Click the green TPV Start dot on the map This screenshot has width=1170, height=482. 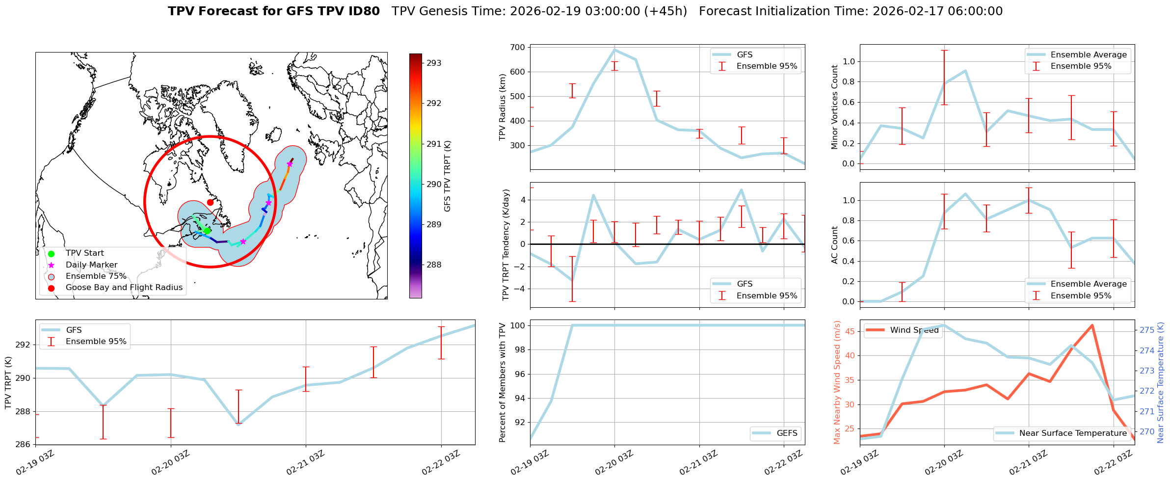[207, 231]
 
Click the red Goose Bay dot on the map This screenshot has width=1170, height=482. [210, 202]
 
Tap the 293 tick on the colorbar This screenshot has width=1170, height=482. [434, 63]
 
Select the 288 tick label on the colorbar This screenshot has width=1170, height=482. [434, 265]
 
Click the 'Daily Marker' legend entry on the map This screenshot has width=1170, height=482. [91, 265]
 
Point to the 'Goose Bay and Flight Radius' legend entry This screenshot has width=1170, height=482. [124, 288]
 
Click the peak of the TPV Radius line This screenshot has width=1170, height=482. [614, 50]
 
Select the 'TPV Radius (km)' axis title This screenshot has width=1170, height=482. [502, 107]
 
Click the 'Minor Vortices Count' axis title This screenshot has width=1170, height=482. [834, 107]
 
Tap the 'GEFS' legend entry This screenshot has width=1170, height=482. [787, 433]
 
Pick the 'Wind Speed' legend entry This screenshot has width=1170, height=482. [914, 330]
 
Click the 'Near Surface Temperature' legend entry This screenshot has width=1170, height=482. [1072, 433]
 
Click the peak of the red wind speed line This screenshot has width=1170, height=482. [1092, 325]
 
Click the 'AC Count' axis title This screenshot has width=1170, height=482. [834, 245]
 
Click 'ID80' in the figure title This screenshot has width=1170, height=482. [362, 11]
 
